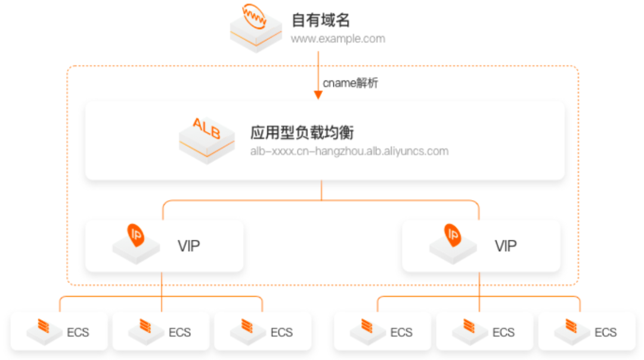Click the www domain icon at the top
(256, 27)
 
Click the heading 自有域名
(320, 20)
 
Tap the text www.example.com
(338, 39)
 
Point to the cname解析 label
(351, 83)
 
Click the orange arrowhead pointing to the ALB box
(318, 95)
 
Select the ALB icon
(207, 140)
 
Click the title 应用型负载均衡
(302, 132)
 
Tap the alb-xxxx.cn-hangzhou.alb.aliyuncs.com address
(349, 151)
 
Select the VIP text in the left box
(188, 246)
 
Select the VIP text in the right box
(506, 246)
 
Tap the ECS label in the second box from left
(179, 332)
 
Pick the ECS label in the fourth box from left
(401, 332)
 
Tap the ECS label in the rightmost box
(605, 332)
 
